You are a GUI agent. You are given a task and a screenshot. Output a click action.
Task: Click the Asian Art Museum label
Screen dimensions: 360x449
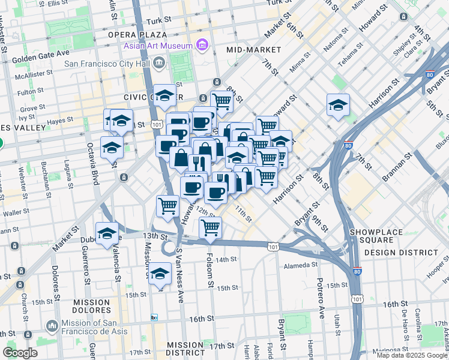158,46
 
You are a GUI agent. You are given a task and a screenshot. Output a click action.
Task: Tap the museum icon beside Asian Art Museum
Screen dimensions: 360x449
202,45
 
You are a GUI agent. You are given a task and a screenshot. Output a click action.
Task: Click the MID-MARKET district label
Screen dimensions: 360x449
254,49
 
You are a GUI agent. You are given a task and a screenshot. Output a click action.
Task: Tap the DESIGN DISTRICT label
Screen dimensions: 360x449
401,253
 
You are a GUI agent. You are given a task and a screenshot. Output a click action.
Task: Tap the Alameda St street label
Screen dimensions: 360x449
301,265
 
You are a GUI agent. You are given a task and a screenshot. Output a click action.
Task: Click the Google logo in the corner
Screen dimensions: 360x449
20,353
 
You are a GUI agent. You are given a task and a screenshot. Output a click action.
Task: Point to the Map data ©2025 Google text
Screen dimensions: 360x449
412,355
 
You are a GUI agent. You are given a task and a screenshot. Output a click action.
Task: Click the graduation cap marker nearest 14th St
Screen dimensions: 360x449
160,274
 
